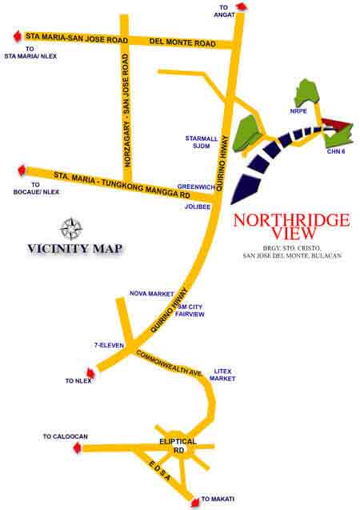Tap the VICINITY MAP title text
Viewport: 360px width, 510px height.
[74, 247]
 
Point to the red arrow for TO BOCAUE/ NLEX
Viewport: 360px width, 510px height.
[22, 170]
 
